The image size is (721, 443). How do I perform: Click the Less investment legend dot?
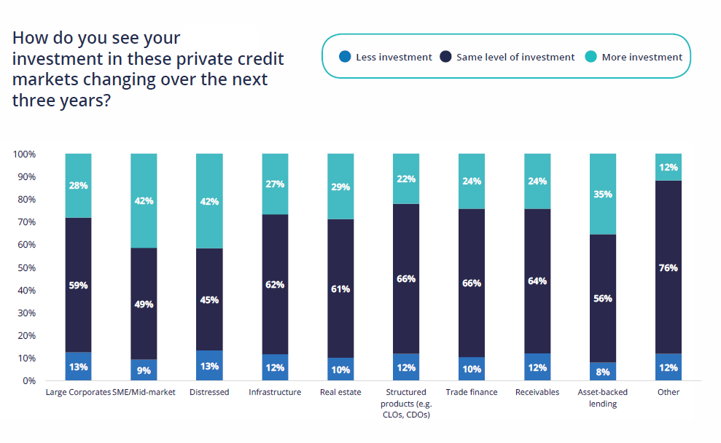click(346, 57)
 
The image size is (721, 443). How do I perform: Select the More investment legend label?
click(642, 57)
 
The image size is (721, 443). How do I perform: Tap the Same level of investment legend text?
click(515, 57)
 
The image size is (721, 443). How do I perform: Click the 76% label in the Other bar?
click(668, 267)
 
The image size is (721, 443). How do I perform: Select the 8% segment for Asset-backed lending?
click(603, 371)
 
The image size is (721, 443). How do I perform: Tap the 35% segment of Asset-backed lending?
click(603, 195)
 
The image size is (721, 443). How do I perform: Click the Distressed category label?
click(209, 392)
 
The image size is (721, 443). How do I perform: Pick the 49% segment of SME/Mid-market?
click(144, 303)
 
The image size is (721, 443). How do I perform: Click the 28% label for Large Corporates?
click(78, 186)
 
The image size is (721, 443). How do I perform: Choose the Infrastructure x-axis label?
click(275, 392)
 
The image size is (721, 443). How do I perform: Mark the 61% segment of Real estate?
click(340, 289)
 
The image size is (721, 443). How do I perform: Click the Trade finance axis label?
click(472, 392)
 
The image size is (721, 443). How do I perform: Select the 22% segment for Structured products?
click(406, 179)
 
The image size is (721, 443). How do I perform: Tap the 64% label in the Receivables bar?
click(537, 281)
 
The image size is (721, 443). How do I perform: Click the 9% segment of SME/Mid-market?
click(144, 369)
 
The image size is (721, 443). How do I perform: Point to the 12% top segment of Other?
click(668, 168)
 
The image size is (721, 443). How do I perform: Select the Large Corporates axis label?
click(78, 392)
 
